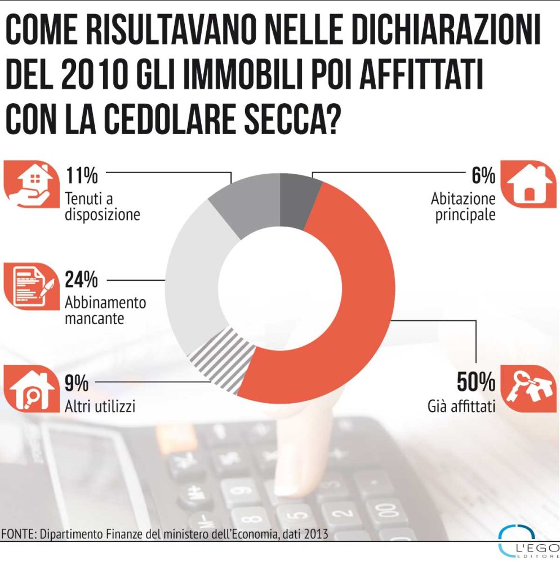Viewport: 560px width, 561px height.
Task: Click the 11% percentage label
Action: (82, 176)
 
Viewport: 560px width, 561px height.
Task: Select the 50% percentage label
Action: (476, 383)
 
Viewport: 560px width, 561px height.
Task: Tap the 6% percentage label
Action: (483, 176)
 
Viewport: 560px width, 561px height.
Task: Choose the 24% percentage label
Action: (82, 280)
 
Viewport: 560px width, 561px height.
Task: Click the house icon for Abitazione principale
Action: (528, 184)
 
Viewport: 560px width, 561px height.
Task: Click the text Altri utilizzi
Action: (100, 406)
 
